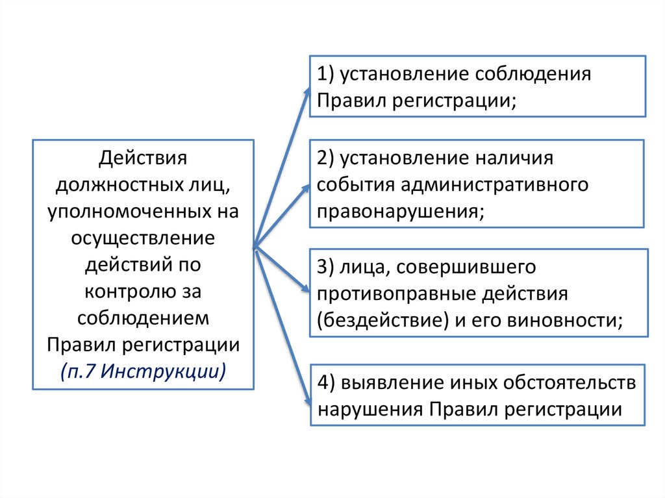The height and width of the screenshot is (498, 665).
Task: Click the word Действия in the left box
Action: pyautogui.click(x=143, y=158)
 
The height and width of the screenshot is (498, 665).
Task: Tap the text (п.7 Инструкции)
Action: pyautogui.click(x=144, y=371)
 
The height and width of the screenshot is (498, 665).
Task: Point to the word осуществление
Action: pyautogui.click(x=143, y=238)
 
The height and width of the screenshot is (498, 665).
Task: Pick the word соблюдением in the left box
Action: pyautogui.click(x=143, y=317)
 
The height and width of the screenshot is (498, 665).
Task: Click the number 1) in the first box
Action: pyautogui.click(x=325, y=73)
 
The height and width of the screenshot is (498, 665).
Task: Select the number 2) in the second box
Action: pyautogui.click(x=325, y=158)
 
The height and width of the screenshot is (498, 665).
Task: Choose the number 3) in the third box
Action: pyautogui.click(x=325, y=268)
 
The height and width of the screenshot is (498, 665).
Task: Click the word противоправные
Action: pyautogui.click(x=395, y=293)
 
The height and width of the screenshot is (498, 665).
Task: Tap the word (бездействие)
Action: pyautogui.click(x=379, y=320)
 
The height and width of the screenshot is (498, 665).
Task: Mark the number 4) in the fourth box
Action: pyautogui.click(x=325, y=382)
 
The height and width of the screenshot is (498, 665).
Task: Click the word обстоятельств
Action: pyautogui.click(x=569, y=382)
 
